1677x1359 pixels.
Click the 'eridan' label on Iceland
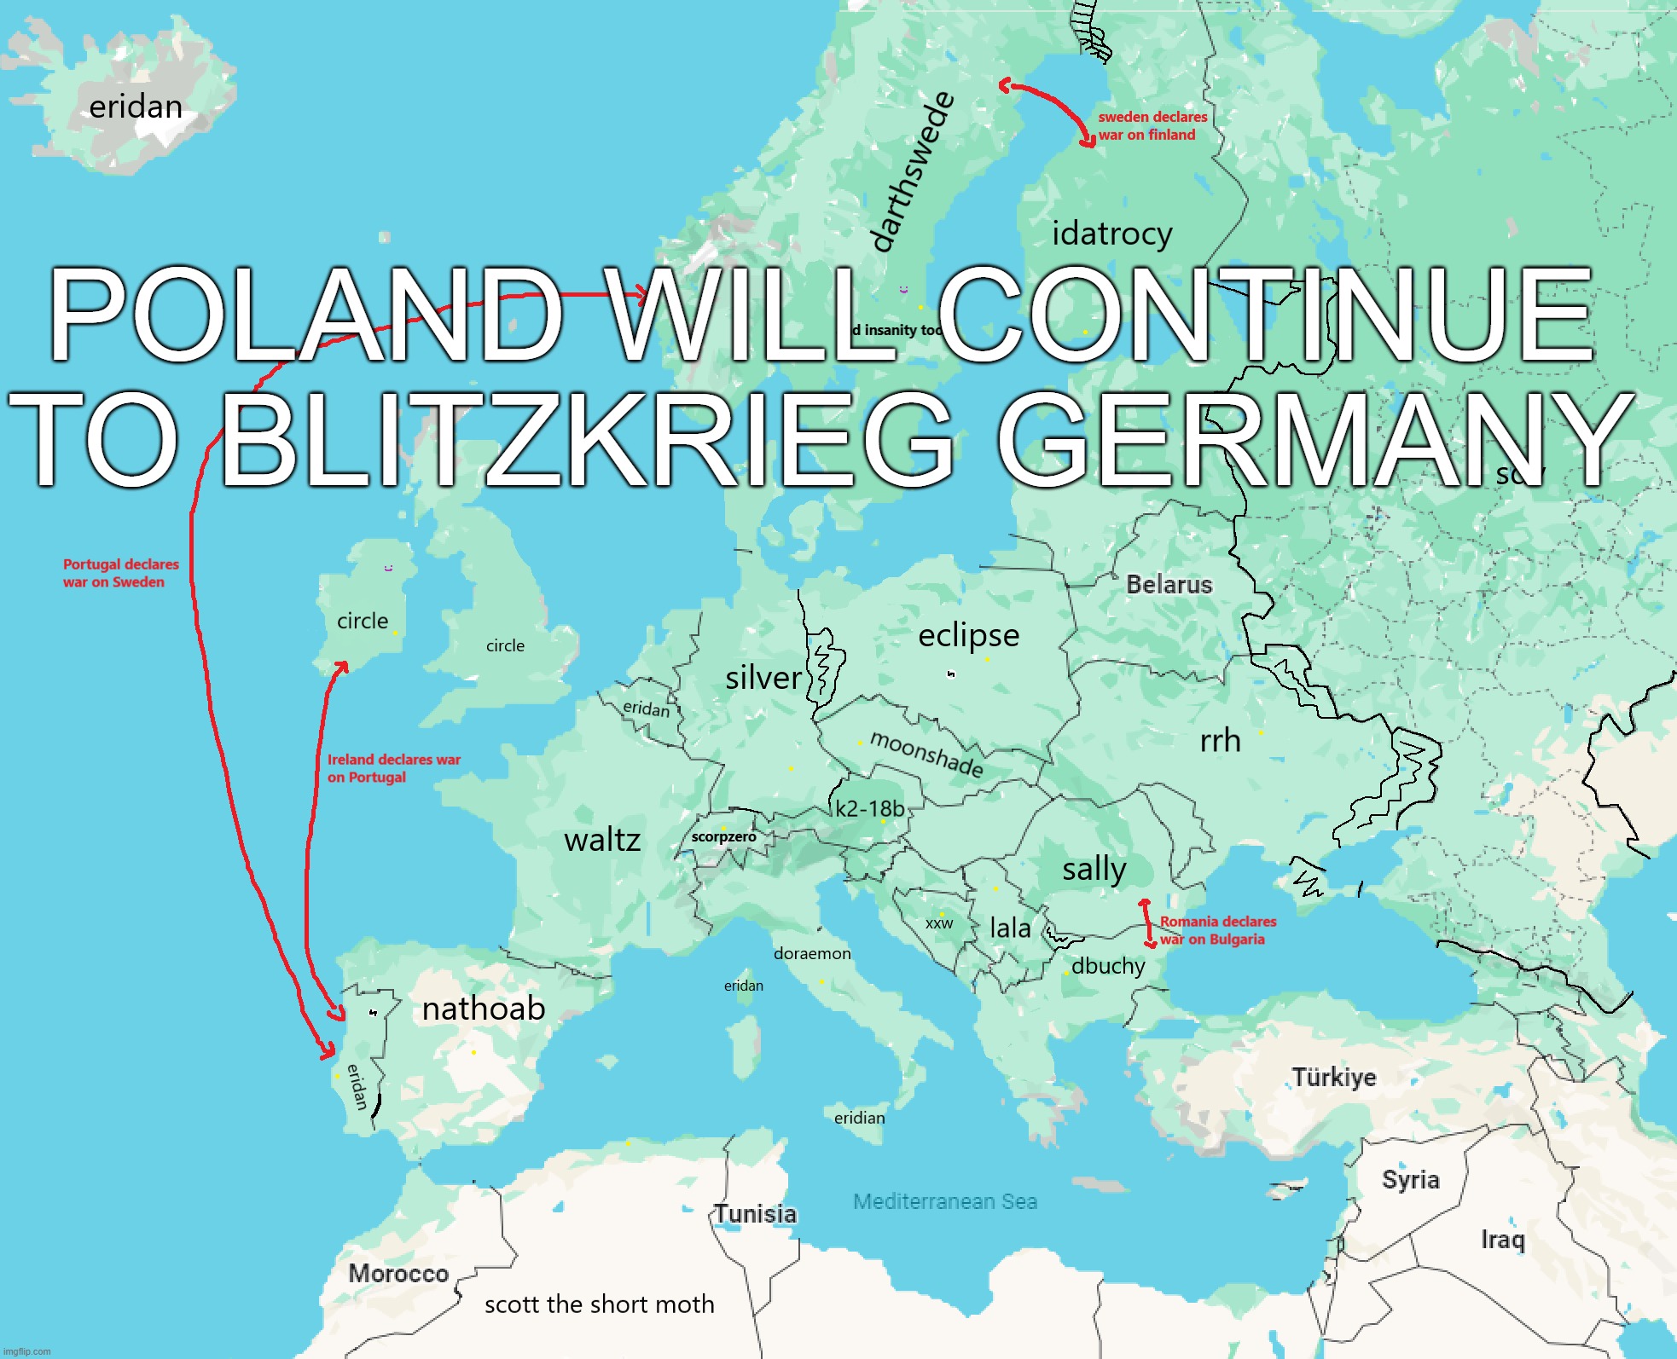tap(136, 107)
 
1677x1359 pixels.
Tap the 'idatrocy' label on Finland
tap(1111, 234)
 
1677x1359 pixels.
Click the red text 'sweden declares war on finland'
tap(1152, 126)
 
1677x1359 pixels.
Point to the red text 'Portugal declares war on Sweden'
tap(120, 573)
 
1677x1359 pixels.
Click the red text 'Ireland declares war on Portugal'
tap(393, 768)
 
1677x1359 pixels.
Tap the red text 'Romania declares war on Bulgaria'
tap(1217, 930)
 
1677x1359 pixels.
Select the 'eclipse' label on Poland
tap(968, 635)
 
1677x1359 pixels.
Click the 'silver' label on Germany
tap(763, 678)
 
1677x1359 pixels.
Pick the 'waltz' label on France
tap(602, 841)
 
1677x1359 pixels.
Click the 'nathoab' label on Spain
tap(484, 1009)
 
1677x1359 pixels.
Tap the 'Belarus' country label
tap(1169, 585)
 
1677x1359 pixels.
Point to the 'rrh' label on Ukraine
tap(1220, 741)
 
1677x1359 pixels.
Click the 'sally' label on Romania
tap(1094, 870)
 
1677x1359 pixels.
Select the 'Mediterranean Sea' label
tap(945, 1201)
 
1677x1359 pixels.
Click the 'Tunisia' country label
tap(756, 1213)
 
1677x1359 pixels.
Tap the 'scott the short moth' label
tap(599, 1304)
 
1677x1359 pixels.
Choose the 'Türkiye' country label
tap(1334, 1078)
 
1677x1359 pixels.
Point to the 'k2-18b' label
tap(869, 808)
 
